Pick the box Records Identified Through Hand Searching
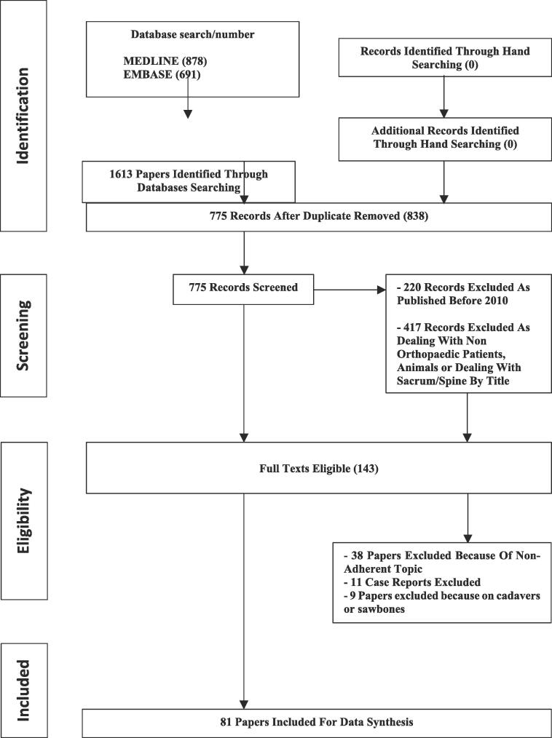click(x=445, y=57)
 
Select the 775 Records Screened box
click(x=242, y=287)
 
